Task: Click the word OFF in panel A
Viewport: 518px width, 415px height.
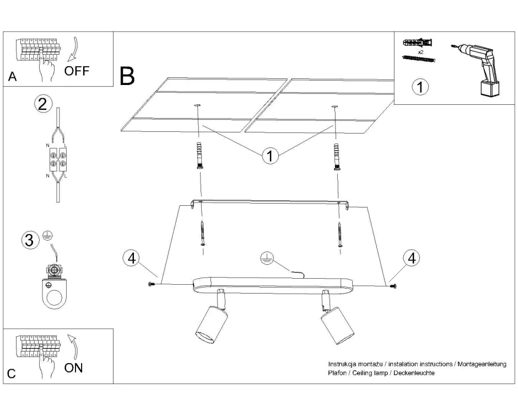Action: (76, 71)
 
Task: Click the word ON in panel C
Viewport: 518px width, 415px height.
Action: (74, 368)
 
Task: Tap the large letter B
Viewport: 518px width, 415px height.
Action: (127, 77)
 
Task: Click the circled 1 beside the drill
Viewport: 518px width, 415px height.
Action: (420, 87)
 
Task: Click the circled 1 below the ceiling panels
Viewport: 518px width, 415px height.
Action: (269, 156)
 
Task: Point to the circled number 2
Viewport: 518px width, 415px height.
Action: (44, 103)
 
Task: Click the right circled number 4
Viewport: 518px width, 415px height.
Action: (411, 258)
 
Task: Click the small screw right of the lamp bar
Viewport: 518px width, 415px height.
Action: (392, 285)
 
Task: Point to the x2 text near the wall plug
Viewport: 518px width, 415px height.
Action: (421, 51)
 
